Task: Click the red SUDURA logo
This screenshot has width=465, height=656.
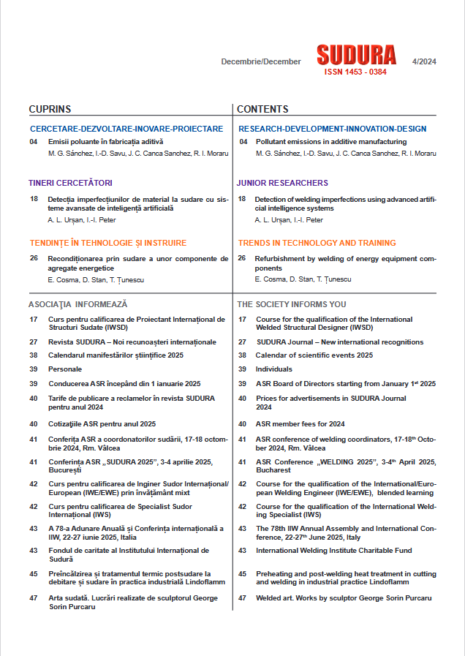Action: [x=356, y=55]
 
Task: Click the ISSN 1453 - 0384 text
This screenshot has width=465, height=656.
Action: [x=355, y=72]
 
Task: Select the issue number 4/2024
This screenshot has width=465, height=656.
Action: [x=424, y=61]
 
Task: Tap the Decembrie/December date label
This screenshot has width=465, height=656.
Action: [x=261, y=61]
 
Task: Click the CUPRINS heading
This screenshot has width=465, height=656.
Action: [x=50, y=109]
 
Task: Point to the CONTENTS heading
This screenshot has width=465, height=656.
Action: [x=262, y=109]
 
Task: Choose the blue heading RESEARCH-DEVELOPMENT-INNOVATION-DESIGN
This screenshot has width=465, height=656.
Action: [x=333, y=129]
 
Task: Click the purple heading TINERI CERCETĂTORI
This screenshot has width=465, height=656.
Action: [x=70, y=183]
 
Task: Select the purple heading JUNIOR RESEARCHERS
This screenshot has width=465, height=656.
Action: [x=282, y=183]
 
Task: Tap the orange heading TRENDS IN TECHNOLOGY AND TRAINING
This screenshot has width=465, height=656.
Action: [x=317, y=243]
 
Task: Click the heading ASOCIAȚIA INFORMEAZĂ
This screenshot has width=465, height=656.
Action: [x=78, y=304]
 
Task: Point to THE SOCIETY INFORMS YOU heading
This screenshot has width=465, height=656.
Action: [x=292, y=304]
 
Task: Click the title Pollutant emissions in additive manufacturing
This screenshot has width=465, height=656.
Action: [x=330, y=142]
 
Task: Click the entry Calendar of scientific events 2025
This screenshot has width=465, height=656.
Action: [x=314, y=355]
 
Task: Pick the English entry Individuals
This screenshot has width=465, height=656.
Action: [x=273, y=369]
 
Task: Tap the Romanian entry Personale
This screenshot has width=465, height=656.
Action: [x=65, y=369]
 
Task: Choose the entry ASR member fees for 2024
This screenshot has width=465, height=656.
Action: [x=300, y=424]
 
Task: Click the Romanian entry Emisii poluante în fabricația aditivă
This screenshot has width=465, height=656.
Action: [x=106, y=142]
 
